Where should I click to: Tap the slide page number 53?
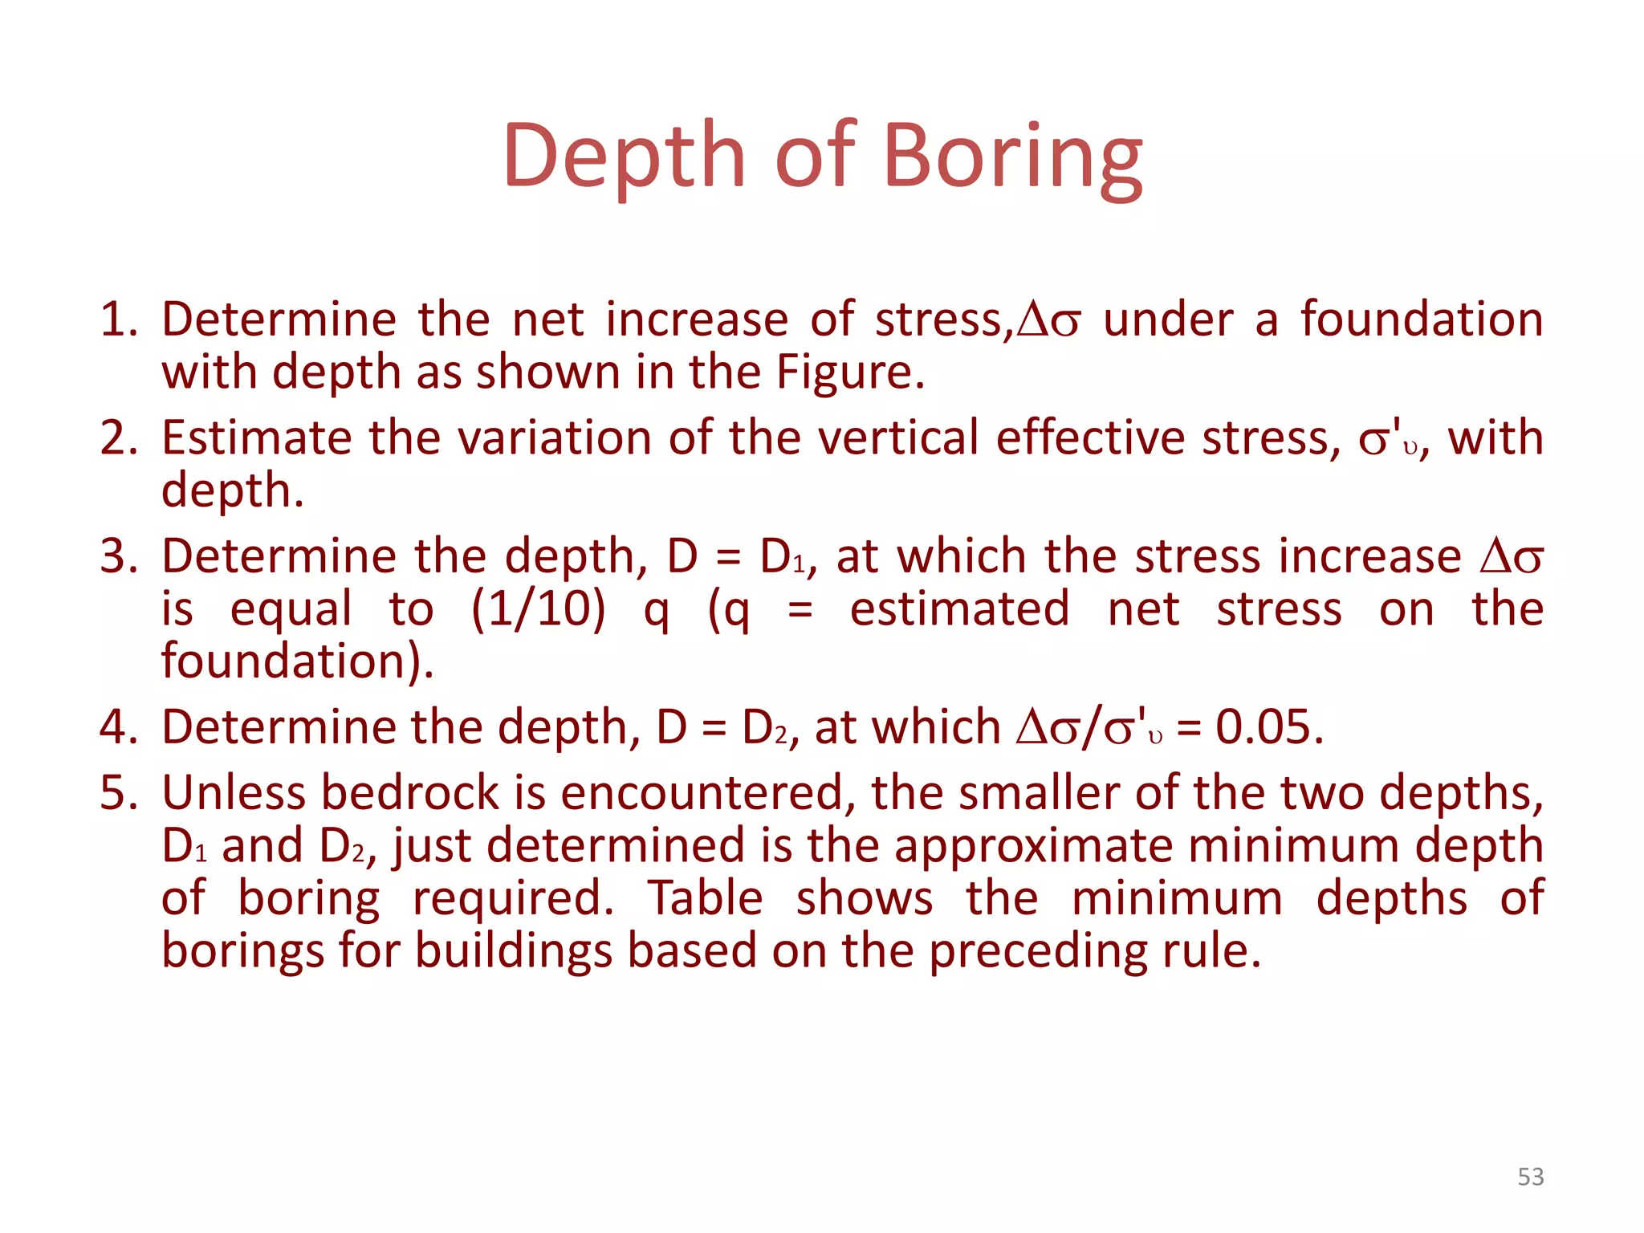coord(1530,1177)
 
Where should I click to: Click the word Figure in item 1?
coord(849,372)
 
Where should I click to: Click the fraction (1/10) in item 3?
coord(538,608)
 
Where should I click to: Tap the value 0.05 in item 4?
coord(1268,727)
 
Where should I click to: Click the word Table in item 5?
coord(705,898)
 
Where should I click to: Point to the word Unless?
coord(234,793)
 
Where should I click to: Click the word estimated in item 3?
coord(959,608)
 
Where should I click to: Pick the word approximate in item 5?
coord(1033,846)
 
